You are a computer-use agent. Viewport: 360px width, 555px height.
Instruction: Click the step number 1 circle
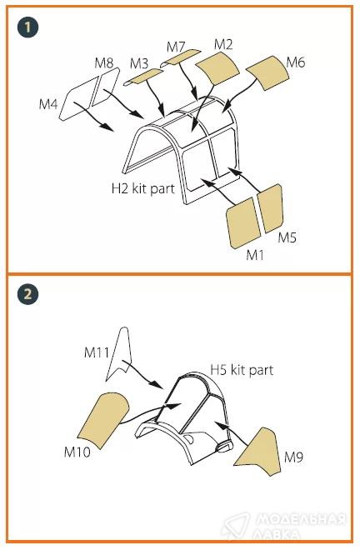click(x=28, y=27)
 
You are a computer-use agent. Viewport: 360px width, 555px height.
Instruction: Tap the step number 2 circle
click(x=28, y=294)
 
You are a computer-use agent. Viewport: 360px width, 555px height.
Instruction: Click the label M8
click(x=103, y=63)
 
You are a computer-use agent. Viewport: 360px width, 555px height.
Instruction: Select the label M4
click(x=48, y=104)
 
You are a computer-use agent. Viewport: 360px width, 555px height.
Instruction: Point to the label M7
click(x=176, y=47)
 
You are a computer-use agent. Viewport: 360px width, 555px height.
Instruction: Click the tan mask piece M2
click(x=217, y=68)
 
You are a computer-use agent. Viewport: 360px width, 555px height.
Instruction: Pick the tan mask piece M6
click(x=268, y=72)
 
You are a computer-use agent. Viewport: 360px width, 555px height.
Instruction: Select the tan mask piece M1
click(x=244, y=223)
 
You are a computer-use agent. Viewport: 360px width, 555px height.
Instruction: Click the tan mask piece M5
click(x=270, y=208)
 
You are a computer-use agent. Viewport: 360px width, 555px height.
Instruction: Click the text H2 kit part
click(x=143, y=188)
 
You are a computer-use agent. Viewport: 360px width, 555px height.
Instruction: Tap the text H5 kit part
click(x=242, y=370)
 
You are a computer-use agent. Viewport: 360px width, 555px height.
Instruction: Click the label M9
click(x=294, y=457)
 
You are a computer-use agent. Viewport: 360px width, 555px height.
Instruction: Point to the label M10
click(x=77, y=452)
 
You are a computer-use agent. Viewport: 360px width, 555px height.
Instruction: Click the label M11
click(x=96, y=352)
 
